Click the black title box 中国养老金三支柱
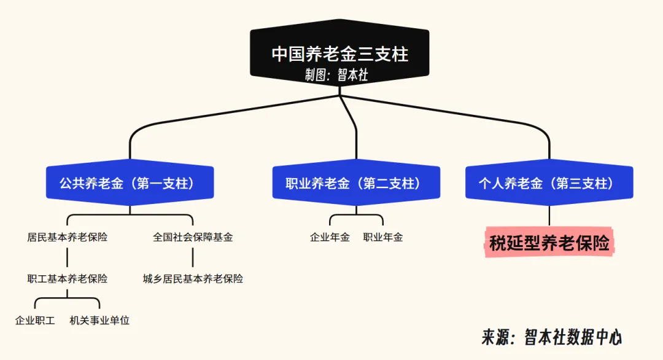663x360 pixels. pyautogui.click(x=339, y=53)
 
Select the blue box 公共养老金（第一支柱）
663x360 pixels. pyautogui.click(x=130, y=183)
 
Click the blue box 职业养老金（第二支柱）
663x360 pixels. pyautogui.click(x=356, y=183)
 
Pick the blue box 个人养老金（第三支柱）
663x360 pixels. pyautogui.click(x=549, y=183)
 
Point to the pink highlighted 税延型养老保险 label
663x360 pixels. pyautogui.click(x=549, y=244)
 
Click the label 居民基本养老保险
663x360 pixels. pyautogui.click(x=68, y=237)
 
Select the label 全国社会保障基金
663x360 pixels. pyautogui.click(x=193, y=237)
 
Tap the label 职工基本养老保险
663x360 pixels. pyautogui.click(x=68, y=279)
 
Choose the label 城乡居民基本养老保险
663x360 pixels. pyautogui.click(x=193, y=279)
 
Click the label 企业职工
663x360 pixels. pyautogui.click(x=35, y=320)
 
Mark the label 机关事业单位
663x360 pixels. pyautogui.click(x=99, y=320)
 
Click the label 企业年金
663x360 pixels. pyautogui.click(x=330, y=237)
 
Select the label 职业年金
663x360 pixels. pyautogui.click(x=383, y=237)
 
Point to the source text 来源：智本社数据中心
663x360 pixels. pyautogui.click(x=551, y=337)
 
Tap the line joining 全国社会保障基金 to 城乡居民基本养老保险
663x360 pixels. pyautogui.click(x=193, y=258)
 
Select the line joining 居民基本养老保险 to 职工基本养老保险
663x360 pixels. pyautogui.click(x=68, y=258)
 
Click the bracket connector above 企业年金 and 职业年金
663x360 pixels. pyautogui.click(x=356, y=214)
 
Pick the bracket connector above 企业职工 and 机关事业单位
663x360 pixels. pyautogui.click(x=68, y=299)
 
